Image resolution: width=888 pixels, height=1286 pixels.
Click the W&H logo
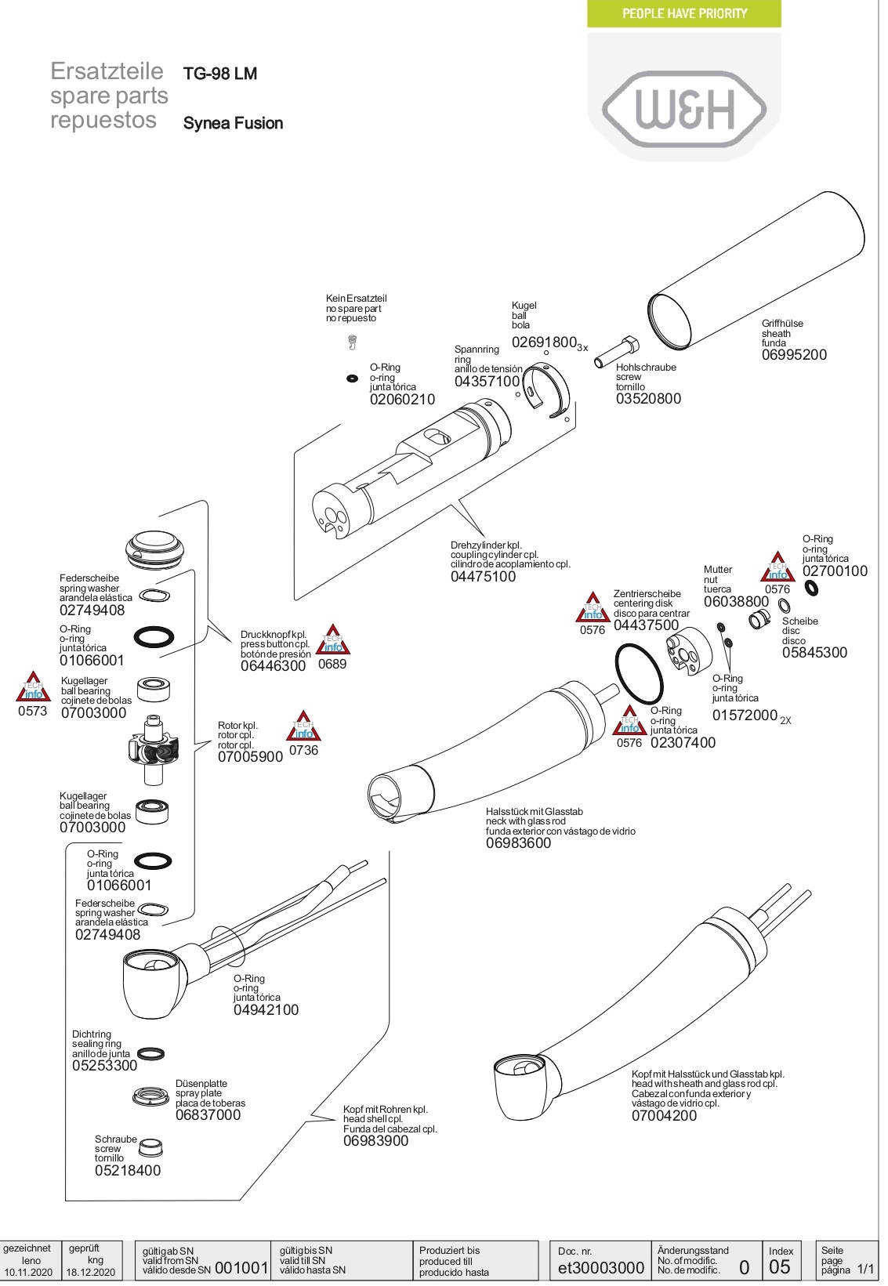pyautogui.click(x=683, y=108)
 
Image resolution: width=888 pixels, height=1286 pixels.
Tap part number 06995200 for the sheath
pyautogui.click(x=794, y=355)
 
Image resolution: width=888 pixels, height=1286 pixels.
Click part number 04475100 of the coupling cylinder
pyautogui.click(x=483, y=577)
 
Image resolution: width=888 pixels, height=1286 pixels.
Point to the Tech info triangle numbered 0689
pyautogui.click(x=333, y=641)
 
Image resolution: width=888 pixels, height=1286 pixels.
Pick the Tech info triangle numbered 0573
pyautogui.click(x=33, y=687)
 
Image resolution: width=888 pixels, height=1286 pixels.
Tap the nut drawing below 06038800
pyautogui.click(x=759, y=619)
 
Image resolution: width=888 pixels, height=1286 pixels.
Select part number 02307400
pyautogui.click(x=683, y=742)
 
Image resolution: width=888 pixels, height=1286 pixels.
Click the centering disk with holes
pyautogui.click(x=689, y=652)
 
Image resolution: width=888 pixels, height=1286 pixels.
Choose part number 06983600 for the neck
pyautogui.click(x=518, y=842)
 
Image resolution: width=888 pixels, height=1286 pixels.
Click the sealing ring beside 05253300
pyautogui.click(x=151, y=1053)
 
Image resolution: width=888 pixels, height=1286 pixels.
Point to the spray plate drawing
pyautogui.click(x=151, y=1096)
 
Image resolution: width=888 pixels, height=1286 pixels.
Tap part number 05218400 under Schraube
pyautogui.click(x=128, y=1170)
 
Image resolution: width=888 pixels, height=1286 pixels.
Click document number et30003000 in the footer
pyautogui.click(x=600, y=1268)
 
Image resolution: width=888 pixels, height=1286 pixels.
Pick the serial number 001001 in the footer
pyautogui.click(x=241, y=1268)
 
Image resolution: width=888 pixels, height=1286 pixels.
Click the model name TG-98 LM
pyautogui.click(x=220, y=74)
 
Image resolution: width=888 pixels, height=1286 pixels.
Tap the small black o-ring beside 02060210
pyautogui.click(x=353, y=378)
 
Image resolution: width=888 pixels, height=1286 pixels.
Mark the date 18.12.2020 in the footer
pyautogui.click(x=91, y=1272)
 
